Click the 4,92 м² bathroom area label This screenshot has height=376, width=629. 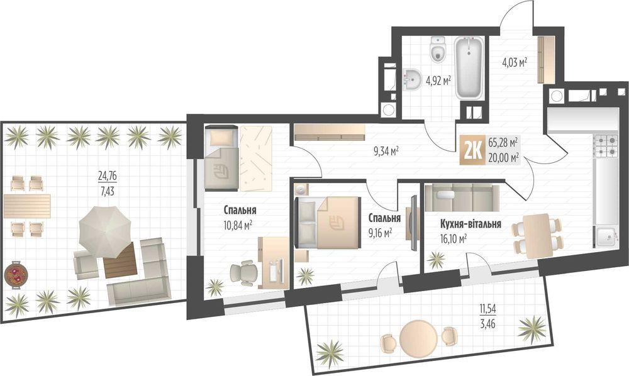pyautogui.click(x=438, y=81)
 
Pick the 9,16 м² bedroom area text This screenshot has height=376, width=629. pyautogui.click(x=379, y=231)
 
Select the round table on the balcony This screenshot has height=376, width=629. pyautogui.click(x=417, y=338)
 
